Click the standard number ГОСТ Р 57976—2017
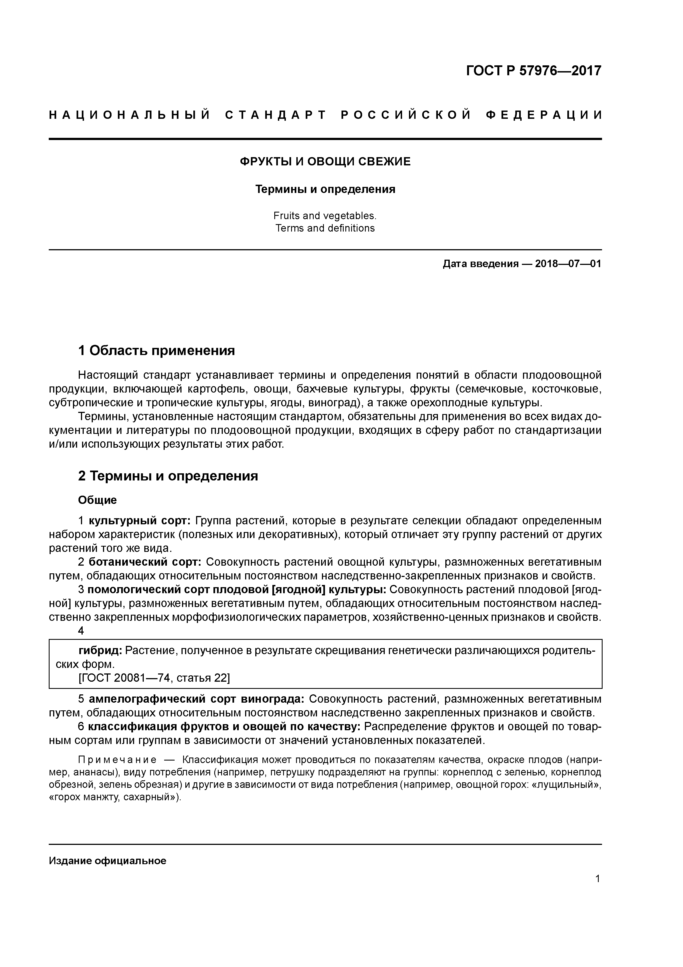point(534,71)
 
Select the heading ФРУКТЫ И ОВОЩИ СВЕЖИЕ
point(325,162)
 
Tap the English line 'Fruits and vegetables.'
point(325,216)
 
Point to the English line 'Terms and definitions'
point(325,228)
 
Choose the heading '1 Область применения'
point(156,350)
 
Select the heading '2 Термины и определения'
point(168,476)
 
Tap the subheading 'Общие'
point(97,500)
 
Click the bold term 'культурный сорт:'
point(140,521)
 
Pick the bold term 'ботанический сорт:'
point(145,562)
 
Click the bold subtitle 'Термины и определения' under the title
point(325,190)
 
